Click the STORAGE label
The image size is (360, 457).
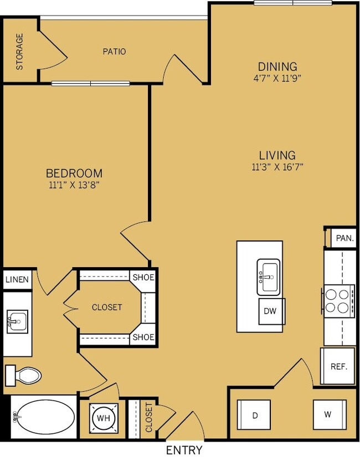[x=19, y=52]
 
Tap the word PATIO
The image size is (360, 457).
[x=114, y=52]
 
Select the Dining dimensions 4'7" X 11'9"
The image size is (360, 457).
[x=277, y=78]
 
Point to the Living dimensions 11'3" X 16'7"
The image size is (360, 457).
[x=277, y=167]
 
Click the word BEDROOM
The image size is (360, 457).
[x=74, y=173]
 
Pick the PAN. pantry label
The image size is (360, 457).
[x=345, y=238]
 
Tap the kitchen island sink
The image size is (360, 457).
[x=269, y=277]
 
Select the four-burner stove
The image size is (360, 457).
[x=338, y=301]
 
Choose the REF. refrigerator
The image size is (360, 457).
[x=338, y=366]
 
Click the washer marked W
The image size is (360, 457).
[x=330, y=414]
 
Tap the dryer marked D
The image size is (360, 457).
[x=254, y=415]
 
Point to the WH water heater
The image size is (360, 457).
[x=104, y=418]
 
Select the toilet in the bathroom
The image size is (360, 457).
[x=23, y=376]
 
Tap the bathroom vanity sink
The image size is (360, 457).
[x=18, y=322]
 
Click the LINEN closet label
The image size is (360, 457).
[x=17, y=280]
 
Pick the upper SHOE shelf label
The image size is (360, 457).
[x=143, y=277]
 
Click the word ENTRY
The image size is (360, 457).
[x=184, y=450]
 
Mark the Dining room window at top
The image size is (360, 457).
[x=292, y=3]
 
